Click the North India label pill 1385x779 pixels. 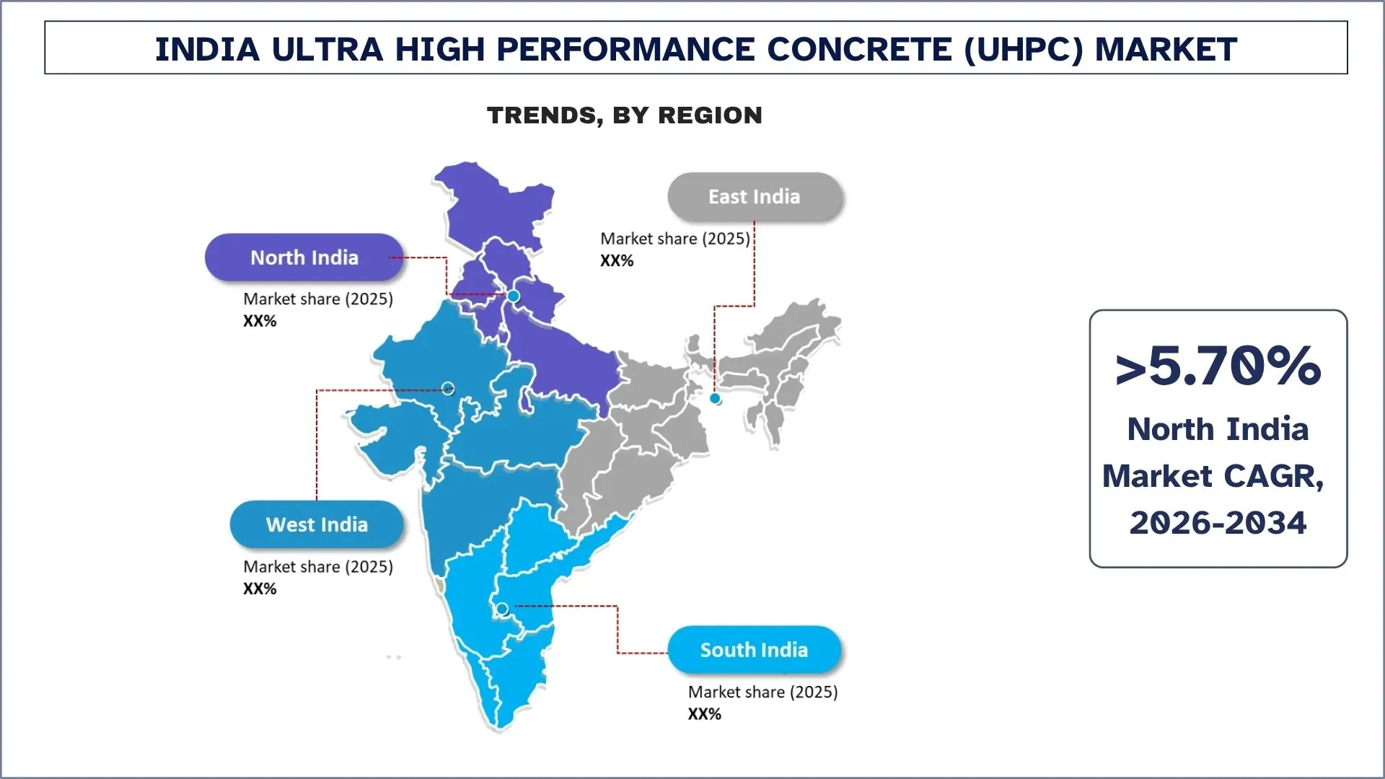tap(304, 258)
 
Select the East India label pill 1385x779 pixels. tap(755, 197)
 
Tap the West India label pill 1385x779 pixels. tap(317, 524)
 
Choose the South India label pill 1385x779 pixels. tap(755, 650)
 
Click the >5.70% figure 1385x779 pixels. tap(1218, 366)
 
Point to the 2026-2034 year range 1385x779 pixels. tap(1218, 522)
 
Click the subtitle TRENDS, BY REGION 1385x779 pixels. tap(625, 115)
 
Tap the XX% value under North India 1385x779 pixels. tap(260, 321)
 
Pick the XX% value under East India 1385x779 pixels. tap(617, 260)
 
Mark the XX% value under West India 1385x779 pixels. tap(260, 589)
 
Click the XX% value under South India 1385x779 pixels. tap(705, 714)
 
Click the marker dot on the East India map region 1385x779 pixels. tap(715, 398)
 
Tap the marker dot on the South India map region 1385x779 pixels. tap(503, 609)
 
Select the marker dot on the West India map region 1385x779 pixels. tap(448, 388)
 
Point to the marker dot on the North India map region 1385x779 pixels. tap(514, 296)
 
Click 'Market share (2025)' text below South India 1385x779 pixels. tap(763, 692)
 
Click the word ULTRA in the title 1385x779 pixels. tap(327, 49)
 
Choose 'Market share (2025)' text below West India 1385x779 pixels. tap(318, 567)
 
